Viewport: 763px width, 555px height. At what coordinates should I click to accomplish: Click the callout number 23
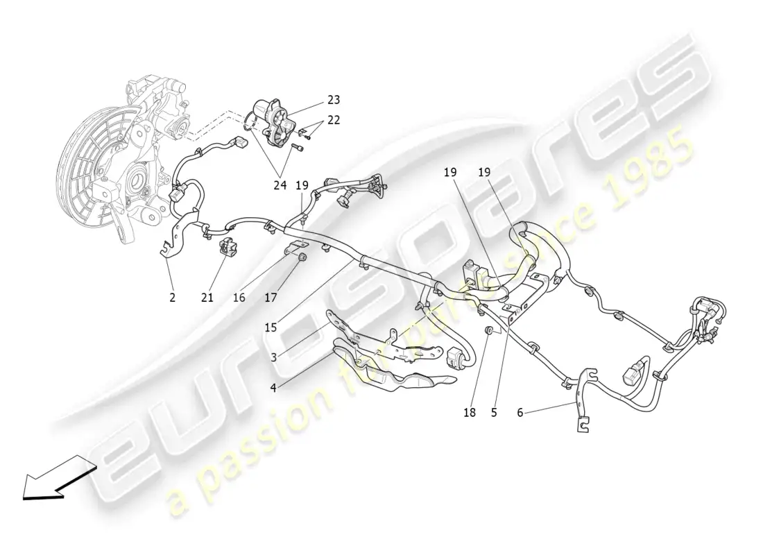pyautogui.click(x=334, y=100)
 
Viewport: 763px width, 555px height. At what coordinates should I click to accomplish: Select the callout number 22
pyautogui.click(x=334, y=120)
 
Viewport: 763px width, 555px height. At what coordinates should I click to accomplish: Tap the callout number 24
pyautogui.click(x=280, y=185)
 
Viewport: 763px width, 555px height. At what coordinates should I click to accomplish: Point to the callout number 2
pyautogui.click(x=172, y=297)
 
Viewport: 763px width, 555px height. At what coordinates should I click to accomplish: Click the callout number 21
pyautogui.click(x=207, y=297)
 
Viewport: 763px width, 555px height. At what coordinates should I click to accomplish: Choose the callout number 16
pyautogui.click(x=239, y=297)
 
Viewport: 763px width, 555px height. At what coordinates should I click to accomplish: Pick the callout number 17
pyautogui.click(x=271, y=297)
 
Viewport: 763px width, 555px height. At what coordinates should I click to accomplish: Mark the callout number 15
pyautogui.click(x=271, y=327)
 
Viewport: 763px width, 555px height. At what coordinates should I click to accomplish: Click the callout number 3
pyautogui.click(x=273, y=358)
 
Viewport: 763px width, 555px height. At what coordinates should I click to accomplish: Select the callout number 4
pyautogui.click(x=273, y=388)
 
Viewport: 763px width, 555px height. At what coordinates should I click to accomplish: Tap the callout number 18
pyautogui.click(x=470, y=413)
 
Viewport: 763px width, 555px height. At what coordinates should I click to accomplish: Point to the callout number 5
pyautogui.click(x=494, y=413)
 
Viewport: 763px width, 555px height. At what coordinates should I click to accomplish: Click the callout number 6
pyautogui.click(x=520, y=413)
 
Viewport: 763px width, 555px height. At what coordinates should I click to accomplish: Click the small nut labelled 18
pyautogui.click(x=490, y=331)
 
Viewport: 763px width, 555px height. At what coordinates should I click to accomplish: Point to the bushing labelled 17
pyautogui.click(x=302, y=257)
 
